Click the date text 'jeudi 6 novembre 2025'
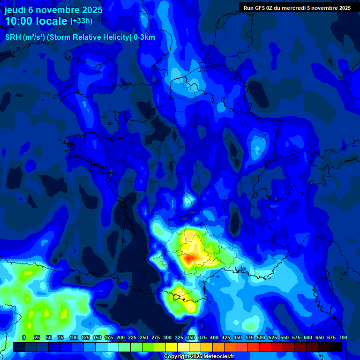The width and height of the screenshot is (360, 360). pos(53,10)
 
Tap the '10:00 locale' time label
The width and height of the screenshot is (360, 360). pos(36,21)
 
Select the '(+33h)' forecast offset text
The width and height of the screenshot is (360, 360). pos(81,21)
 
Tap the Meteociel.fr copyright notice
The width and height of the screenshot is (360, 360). pos(199,357)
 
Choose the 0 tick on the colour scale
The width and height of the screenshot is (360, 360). pos(23,337)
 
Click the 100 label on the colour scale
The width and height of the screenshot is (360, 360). pos(74,337)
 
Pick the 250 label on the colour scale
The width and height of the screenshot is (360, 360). pos(144,337)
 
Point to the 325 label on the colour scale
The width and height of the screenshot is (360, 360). pos(179,337)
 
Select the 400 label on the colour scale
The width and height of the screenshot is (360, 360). pos(214,337)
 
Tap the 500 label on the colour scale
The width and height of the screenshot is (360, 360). pos(261,337)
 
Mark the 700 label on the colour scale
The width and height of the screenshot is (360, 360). pos(343,337)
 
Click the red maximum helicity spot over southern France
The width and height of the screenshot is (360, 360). pos(189,258)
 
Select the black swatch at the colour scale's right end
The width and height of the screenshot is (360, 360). pos(336,347)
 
